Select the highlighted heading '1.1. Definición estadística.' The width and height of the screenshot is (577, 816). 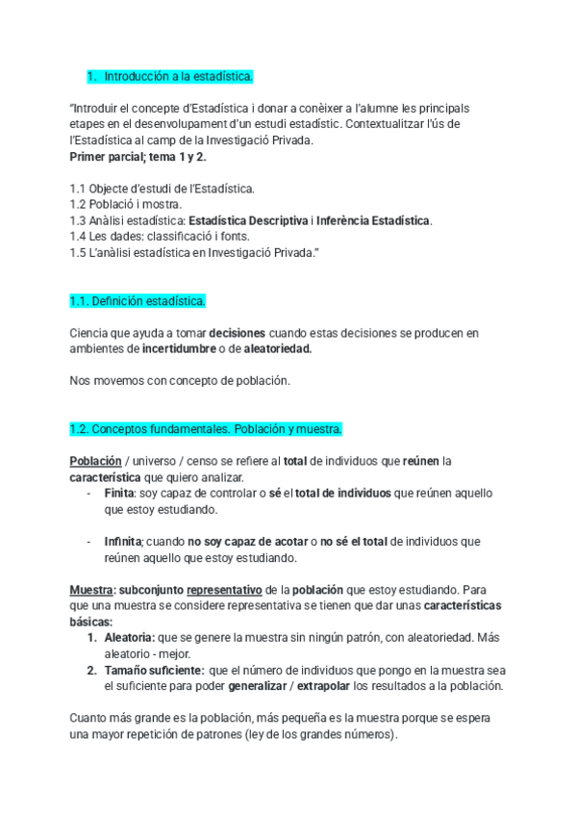138,301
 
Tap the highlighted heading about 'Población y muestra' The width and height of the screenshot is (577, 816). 206,428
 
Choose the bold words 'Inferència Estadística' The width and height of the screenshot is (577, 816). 373,220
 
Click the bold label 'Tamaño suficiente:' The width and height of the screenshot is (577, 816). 154,670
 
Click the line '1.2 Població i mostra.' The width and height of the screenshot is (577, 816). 126,204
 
